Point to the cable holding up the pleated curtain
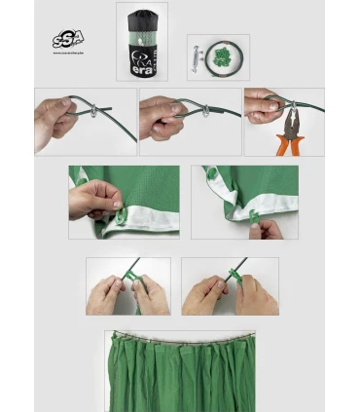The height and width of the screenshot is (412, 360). coord(179,335)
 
